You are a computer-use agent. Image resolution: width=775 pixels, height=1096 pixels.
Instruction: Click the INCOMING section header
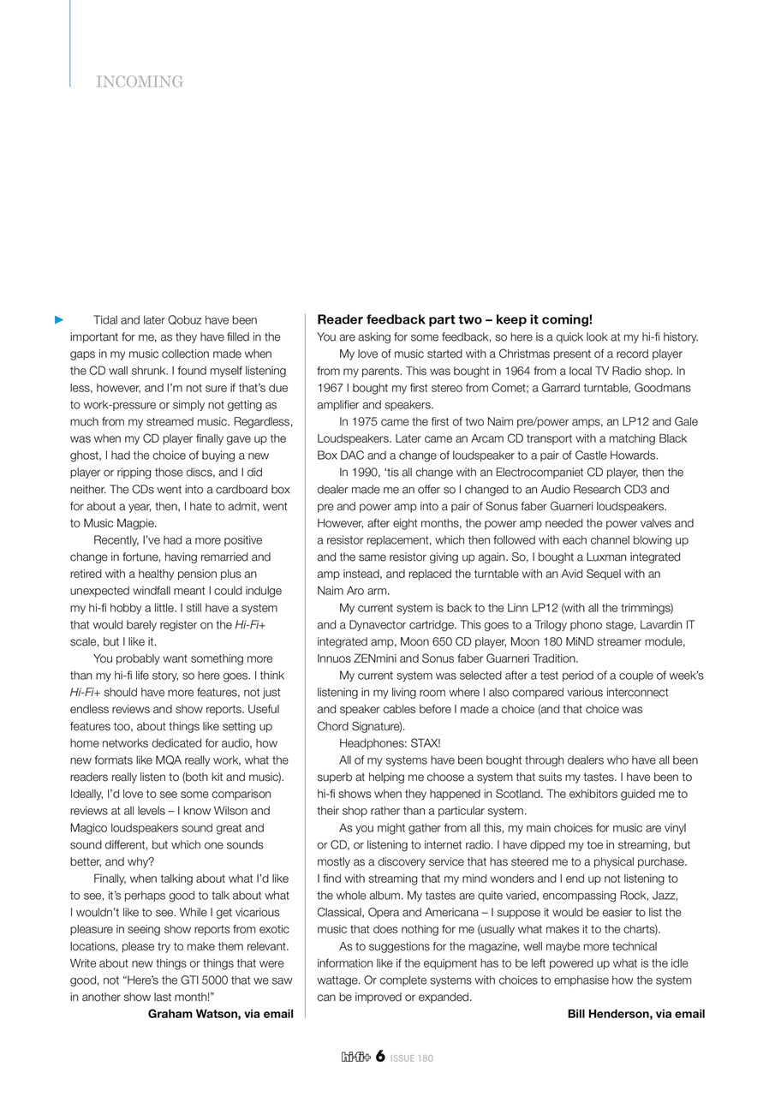140,82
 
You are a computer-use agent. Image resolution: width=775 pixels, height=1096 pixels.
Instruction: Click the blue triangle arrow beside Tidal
59,320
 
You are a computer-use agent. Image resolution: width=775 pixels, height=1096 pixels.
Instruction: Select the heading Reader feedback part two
455,319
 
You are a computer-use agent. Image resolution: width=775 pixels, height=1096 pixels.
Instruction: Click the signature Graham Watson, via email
220,1014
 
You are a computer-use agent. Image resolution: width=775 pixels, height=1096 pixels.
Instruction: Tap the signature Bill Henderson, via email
635,1014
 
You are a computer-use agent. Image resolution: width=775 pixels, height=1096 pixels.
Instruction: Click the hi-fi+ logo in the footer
355,1057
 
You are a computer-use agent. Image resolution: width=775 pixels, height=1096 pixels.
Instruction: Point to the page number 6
380,1057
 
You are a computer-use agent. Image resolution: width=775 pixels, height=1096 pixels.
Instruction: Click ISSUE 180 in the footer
412,1058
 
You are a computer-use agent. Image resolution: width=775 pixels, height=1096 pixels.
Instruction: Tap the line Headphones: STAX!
390,743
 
